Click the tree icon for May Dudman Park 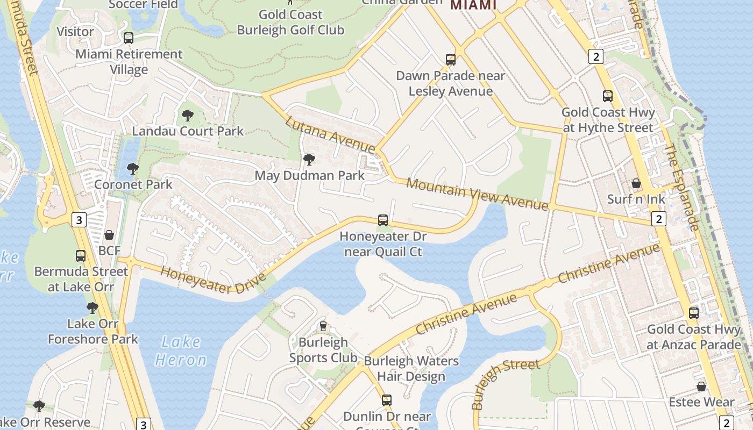pyautogui.click(x=309, y=159)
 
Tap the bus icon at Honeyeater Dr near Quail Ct pyautogui.click(x=382, y=220)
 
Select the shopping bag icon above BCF pyautogui.click(x=109, y=235)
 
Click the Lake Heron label pyautogui.click(x=181, y=351)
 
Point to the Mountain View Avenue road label pyautogui.click(x=477, y=194)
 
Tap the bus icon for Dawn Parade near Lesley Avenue pyautogui.click(x=451, y=59)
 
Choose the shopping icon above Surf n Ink pyautogui.click(x=636, y=183)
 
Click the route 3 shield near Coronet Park pyautogui.click(x=79, y=219)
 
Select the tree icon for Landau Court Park pyautogui.click(x=187, y=115)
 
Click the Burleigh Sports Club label pyautogui.click(x=323, y=350)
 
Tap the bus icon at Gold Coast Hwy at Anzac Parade pyautogui.click(x=694, y=313)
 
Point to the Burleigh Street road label pyautogui.click(x=505, y=384)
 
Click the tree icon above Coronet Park pyautogui.click(x=133, y=169)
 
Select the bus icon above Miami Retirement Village pyautogui.click(x=128, y=38)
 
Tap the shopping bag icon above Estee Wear pyautogui.click(x=701, y=386)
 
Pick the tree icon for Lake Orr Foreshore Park pyautogui.click(x=93, y=308)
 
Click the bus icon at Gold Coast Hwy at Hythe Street pyautogui.click(x=608, y=96)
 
